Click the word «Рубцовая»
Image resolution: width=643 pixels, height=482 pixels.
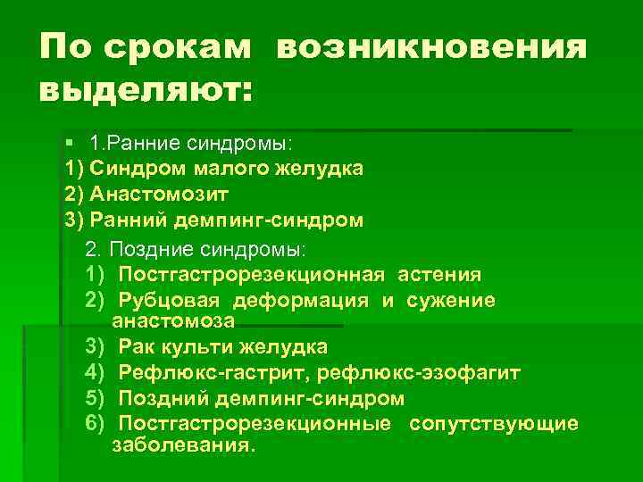[171, 301]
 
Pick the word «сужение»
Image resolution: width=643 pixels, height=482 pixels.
[451, 301]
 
